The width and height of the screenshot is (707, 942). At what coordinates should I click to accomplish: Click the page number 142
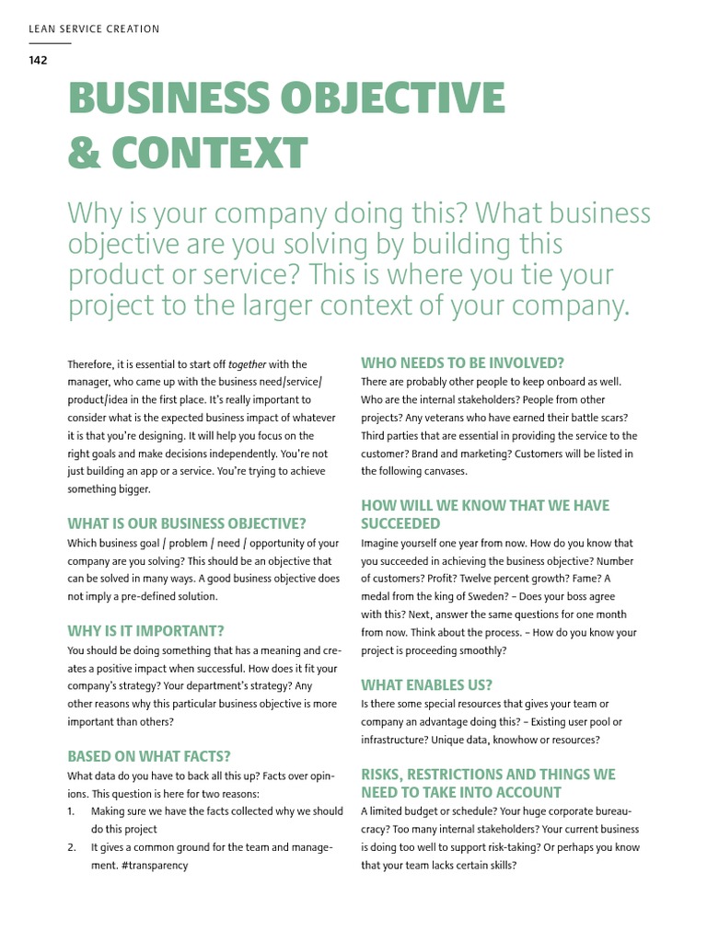(38, 61)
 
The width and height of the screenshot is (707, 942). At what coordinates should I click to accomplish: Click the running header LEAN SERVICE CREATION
(94, 29)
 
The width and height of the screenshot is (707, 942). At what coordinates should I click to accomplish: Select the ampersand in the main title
(85, 152)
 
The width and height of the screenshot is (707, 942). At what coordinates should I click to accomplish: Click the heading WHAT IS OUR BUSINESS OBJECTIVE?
(187, 523)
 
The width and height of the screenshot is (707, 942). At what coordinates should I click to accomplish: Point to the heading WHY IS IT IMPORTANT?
(145, 631)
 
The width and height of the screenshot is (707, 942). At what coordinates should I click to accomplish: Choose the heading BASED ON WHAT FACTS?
(149, 756)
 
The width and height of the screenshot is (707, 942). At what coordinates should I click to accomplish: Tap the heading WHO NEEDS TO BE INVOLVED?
(462, 362)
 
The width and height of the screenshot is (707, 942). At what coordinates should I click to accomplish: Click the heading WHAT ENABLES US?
(426, 684)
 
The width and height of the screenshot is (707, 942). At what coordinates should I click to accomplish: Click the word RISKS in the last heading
(386, 775)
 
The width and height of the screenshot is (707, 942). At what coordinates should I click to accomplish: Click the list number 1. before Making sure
(72, 811)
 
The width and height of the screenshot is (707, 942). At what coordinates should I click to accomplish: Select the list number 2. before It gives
(72, 847)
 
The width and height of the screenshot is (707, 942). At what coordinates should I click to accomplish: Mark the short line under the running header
(50, 43)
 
